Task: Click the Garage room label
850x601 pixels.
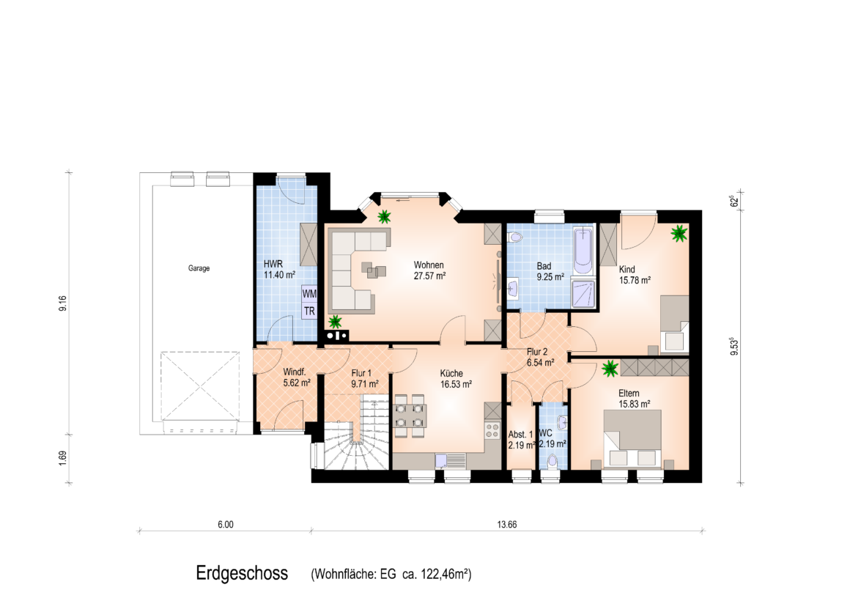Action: click(x=199, y=268)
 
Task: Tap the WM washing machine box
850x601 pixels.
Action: click(x=309, y=294)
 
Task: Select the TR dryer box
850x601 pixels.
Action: click(x=309, y=311)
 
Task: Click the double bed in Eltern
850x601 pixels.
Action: click(x=632, y=438)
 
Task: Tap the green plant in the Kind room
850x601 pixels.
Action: click(x=679, y=234)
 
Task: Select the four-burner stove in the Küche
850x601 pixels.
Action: click(x=492, y=431)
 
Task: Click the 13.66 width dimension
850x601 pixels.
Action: click(x=507, y=525)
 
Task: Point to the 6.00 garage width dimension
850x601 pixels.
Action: click(x=226, y=525)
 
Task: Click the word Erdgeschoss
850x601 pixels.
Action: click(x=242, y=573)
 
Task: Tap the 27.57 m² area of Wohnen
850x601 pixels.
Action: click(x=430, y=276)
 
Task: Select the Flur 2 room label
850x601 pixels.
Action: click(x=537, y=352)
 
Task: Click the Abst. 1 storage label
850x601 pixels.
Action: click(x=520, y=435)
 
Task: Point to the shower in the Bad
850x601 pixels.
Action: click(x=583, y=293)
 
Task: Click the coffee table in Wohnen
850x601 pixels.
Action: click(x=374, y=270)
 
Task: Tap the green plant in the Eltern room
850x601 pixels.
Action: click(x=610, y=369)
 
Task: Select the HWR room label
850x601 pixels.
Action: click(x=273, y=264)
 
